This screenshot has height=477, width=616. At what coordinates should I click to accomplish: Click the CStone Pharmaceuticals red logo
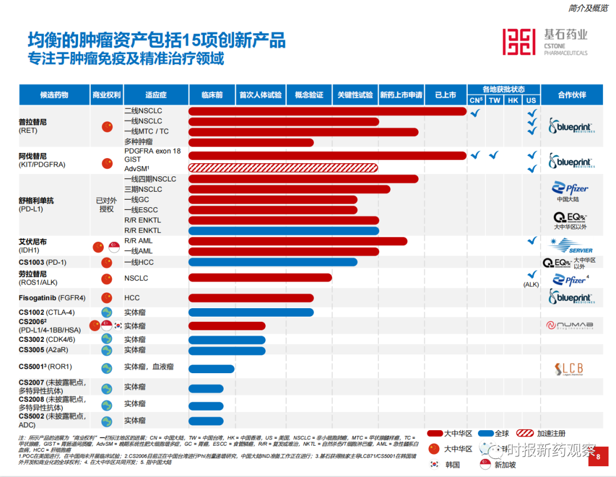coord(519,42)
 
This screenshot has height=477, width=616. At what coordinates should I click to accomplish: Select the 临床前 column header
coord(212,95)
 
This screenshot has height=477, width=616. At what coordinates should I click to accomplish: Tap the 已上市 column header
coord(445,95)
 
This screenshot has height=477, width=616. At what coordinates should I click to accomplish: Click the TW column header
coord(495,100)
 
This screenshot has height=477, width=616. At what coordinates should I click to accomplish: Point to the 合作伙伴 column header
coord(572,95)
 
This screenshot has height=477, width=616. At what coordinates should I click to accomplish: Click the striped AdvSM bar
coord(283,168)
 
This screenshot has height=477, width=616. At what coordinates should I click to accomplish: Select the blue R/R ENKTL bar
coord(283,231)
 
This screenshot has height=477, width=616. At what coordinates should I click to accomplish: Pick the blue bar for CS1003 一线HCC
coord(273,262)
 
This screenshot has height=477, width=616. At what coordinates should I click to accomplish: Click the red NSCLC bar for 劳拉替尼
coord(260,278)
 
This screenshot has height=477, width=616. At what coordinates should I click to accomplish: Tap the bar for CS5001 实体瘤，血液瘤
coord(212,369)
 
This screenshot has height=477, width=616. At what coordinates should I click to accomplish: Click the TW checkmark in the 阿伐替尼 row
coord(495,155)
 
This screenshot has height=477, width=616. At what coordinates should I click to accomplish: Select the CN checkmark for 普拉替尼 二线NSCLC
coord(475,112)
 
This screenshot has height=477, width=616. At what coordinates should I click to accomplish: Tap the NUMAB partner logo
coord(570,325)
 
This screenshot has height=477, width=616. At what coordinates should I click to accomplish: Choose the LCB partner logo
coord(569,369)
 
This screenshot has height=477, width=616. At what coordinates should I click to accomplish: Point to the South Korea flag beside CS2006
coord(118,326)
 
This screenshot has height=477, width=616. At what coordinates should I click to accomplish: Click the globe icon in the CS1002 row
coord(107,312)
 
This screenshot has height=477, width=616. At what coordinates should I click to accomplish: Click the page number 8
coord(598,456)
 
